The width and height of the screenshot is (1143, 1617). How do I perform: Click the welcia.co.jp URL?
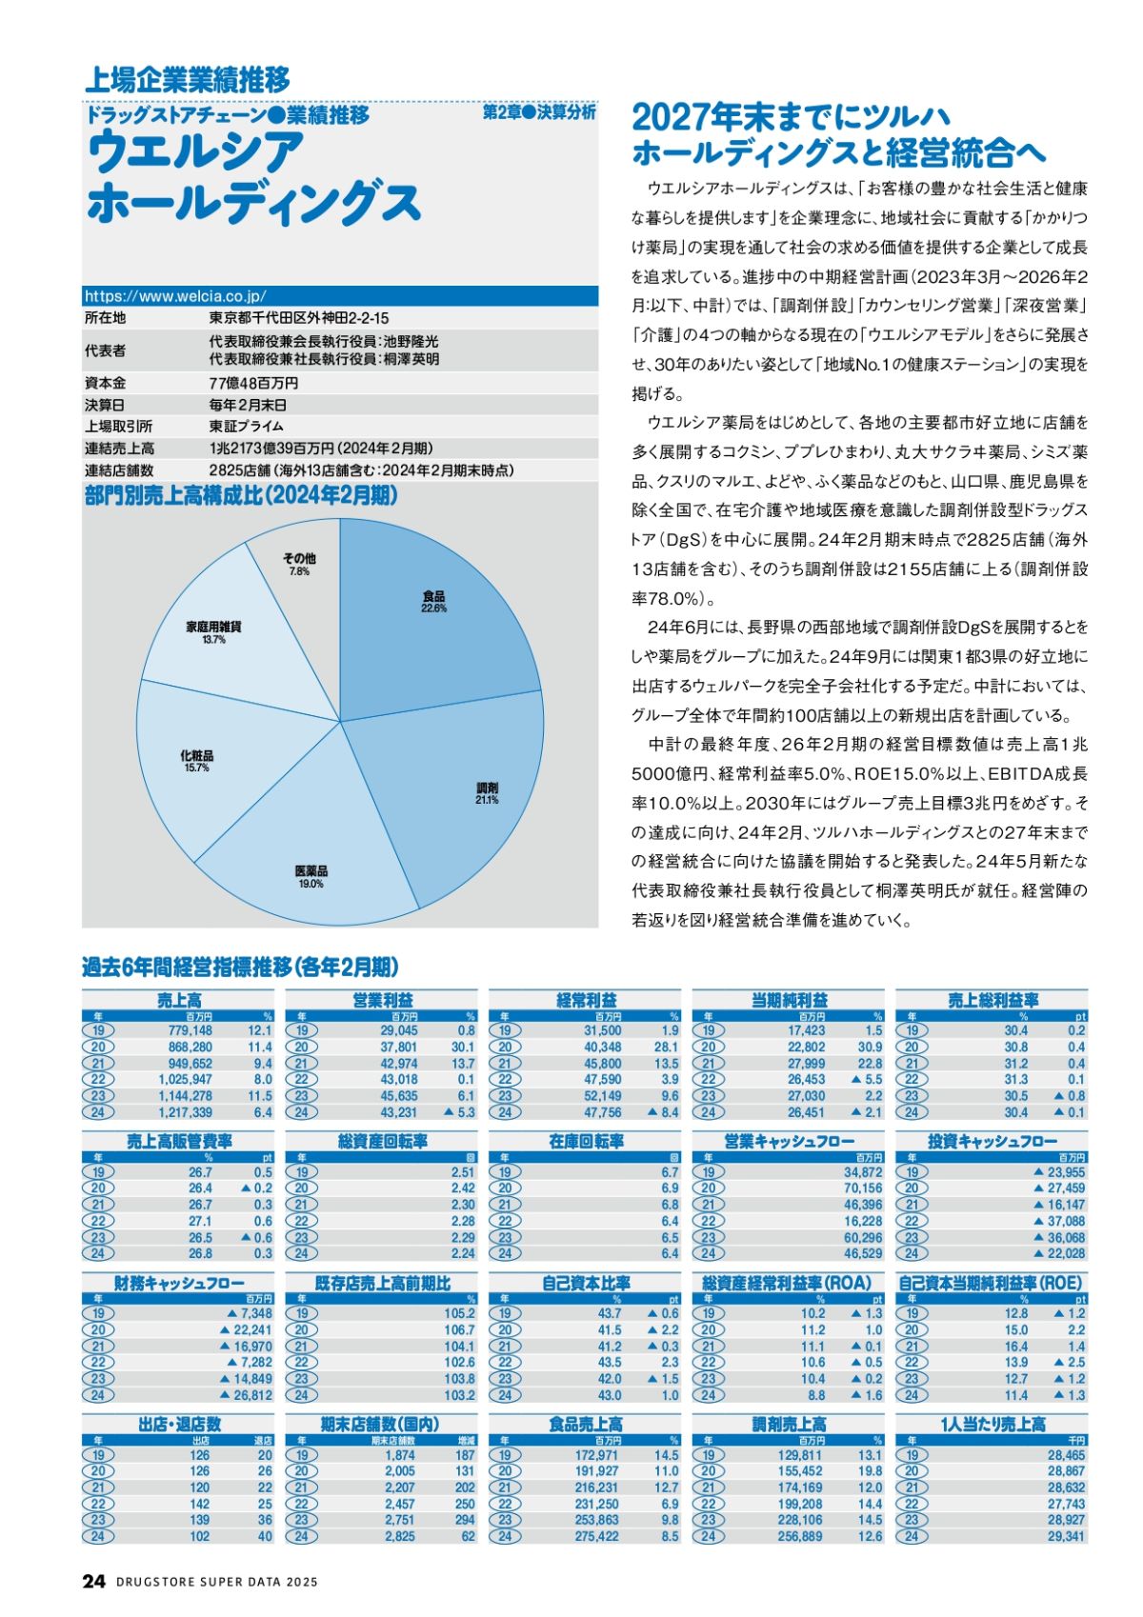pyautogui.click(x=175, y=297)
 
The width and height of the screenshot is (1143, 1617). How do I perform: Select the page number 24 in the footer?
pyautogui.click(x=93, y=1581)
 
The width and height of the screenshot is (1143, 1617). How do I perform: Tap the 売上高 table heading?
pyautogui.click(x=179, y=1000)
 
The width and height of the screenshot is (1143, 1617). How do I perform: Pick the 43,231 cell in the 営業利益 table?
pyautogui.click(x=399, y=1112)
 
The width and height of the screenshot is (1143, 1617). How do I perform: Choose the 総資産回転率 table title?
pyautogui.click(x=382, y=1141)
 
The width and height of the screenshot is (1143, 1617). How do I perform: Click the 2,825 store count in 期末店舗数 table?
pyautogui.click(x=400, y=1536)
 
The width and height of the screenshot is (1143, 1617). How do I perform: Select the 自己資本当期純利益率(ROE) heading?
pyautogui.click(x=991, y=1284)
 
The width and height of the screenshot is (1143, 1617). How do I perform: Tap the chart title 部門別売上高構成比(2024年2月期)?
pyautogui.click(x=241, y=496)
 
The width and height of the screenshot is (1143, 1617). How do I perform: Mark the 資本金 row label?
pyautogui.click(x=105, y=383)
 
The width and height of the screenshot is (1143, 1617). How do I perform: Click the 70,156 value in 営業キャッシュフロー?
pyautogui.click(x=863, y=1188)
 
